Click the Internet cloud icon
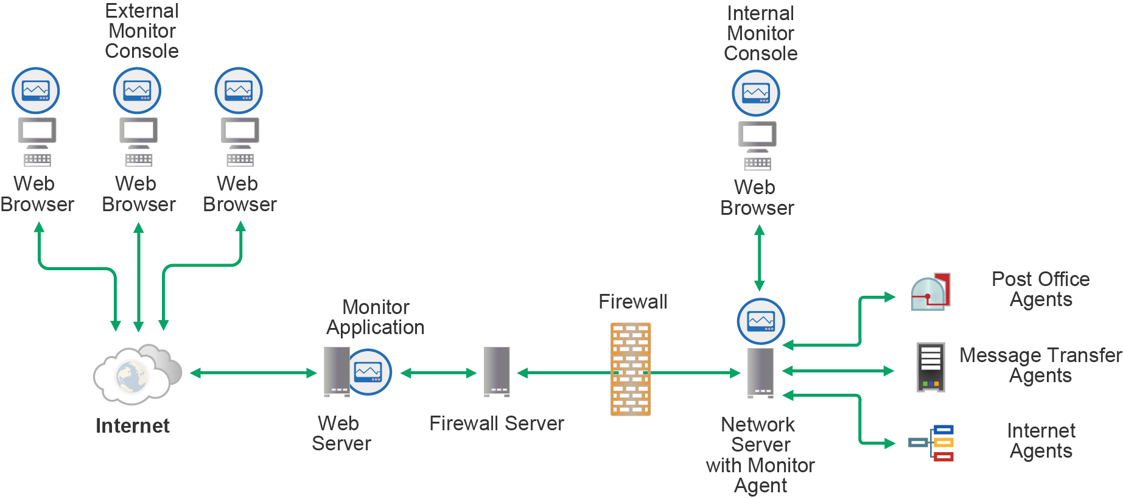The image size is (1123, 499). (136, 374)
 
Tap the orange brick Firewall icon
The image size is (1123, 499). (631, 369)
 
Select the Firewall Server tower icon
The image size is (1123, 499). (497, 371)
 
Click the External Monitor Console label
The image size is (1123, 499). (142, 31)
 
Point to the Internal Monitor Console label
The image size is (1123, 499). (760, 33)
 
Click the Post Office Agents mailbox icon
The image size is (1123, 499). (931, 292)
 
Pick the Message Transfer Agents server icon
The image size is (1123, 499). (931, 367)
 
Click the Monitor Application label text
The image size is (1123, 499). (376, 317)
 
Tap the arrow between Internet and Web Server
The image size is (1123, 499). (253, 373)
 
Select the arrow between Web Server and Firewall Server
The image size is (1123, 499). (438, 373)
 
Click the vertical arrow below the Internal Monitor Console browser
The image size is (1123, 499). (760, 258)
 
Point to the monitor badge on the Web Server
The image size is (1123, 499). (368, 372)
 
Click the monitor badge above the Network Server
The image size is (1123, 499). (761, 321)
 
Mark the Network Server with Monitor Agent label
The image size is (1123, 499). (760, 455)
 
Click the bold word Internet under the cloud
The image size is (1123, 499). (133, 425)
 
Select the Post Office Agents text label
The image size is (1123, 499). (1040, 289)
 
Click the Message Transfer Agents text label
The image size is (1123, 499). (1040, 365)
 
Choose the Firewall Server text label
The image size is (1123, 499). (497, 423)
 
